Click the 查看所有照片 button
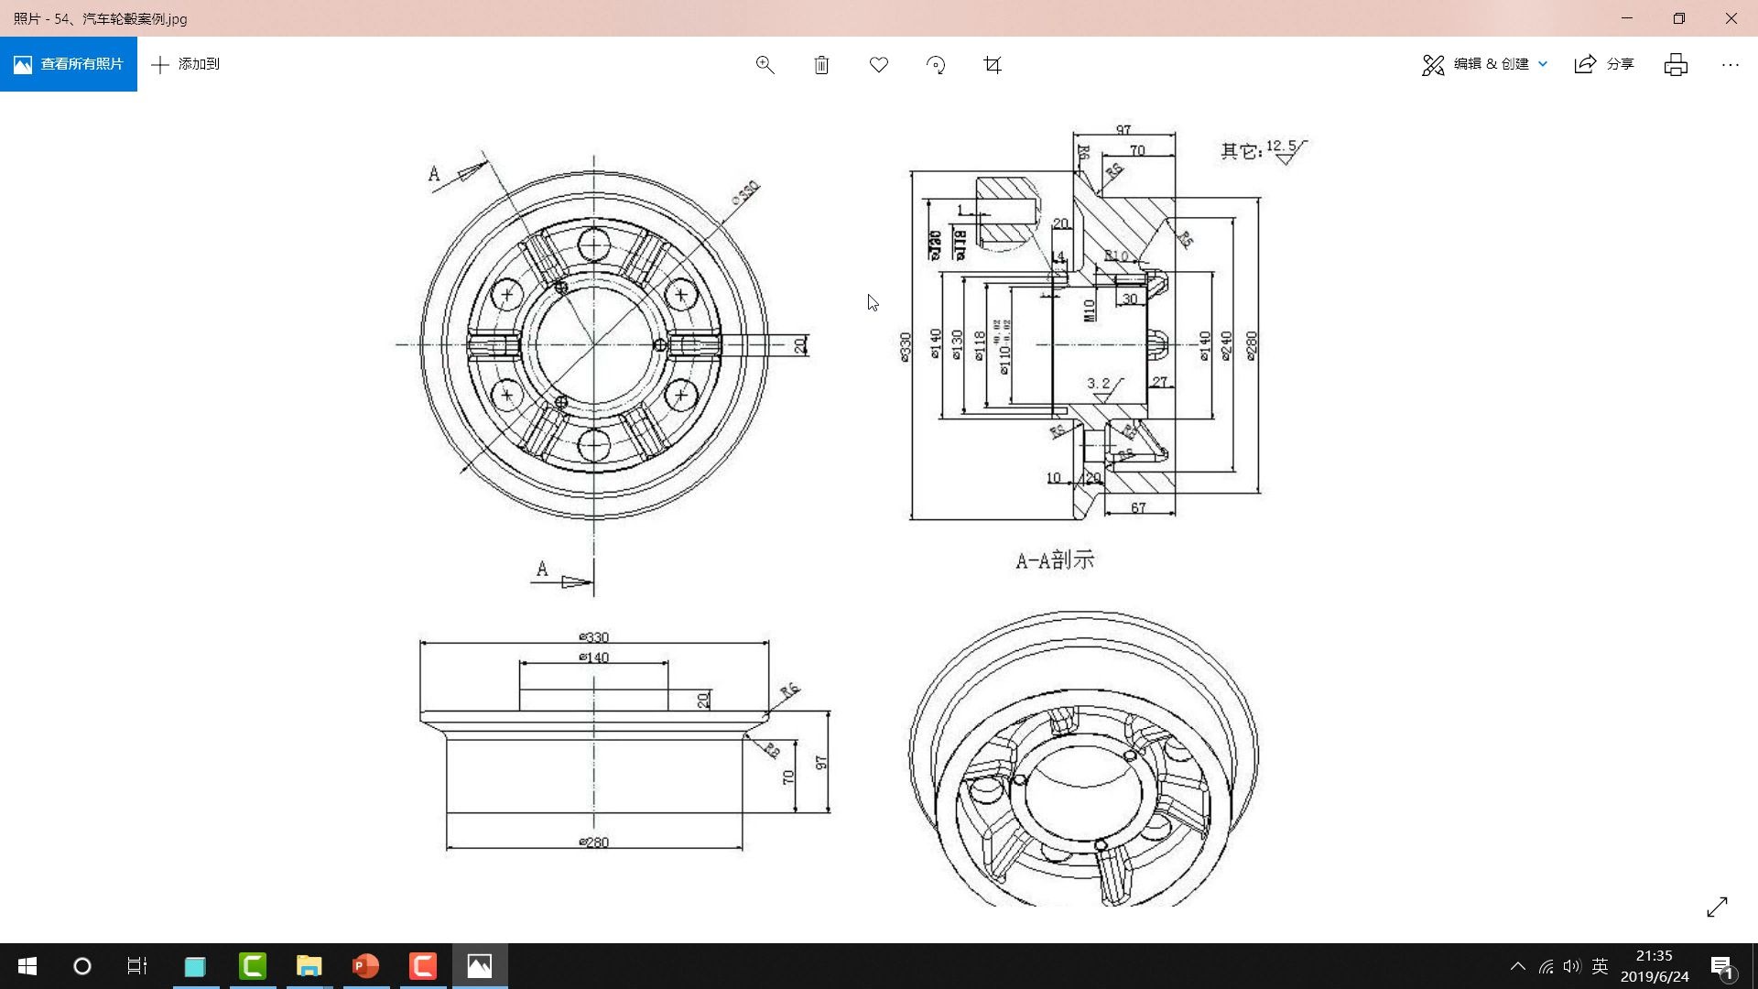69,64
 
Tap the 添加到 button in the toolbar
186,64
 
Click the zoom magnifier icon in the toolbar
765,64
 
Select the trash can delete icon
821,64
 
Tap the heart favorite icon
878,64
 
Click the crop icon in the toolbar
992,64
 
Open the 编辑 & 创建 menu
1484,64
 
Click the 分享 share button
1604,64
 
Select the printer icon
1676,64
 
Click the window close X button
1731,18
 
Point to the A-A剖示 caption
1055,560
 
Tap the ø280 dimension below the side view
594,842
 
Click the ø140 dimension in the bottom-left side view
594,658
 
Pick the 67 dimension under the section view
1138,507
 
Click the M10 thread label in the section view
1090,310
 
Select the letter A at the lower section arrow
542,570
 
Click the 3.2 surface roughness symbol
1101,386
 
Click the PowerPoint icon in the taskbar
365,966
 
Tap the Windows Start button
27,966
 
